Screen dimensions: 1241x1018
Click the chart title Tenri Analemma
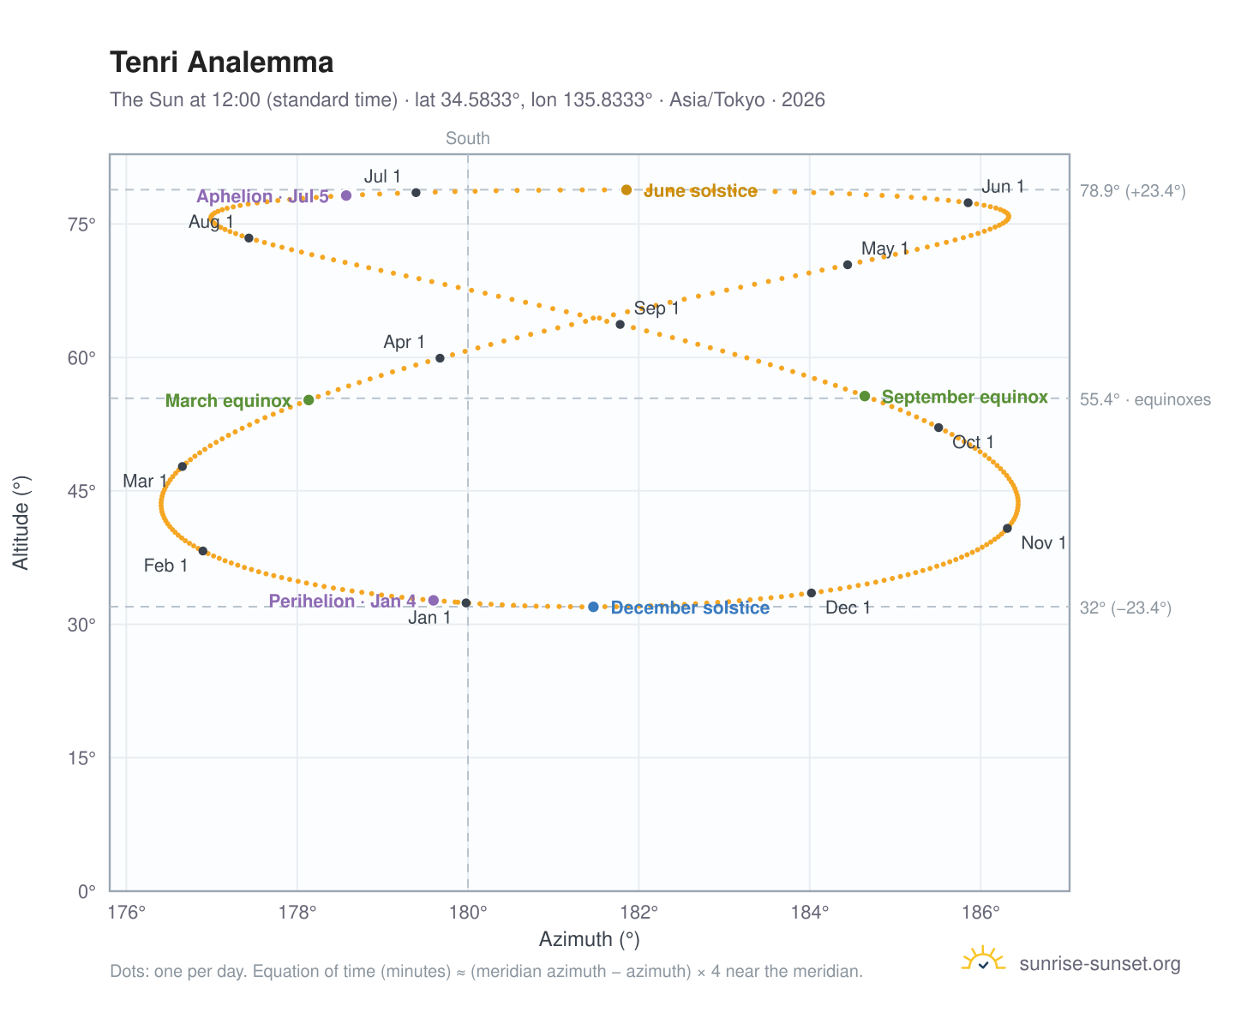[x=221, y=63]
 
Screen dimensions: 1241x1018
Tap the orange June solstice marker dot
[x=626, y=189]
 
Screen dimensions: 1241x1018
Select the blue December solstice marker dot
[x=593, y=606]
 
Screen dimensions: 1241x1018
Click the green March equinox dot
[x=309, y=400]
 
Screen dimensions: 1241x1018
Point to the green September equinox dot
[x=864, y=396]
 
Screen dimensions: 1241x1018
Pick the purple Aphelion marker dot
[x=346, y=195]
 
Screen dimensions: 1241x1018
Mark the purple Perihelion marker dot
[x=433, y=600]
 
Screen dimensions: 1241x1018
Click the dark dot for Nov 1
[x=1007, y=529]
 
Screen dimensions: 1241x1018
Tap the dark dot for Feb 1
[x=203, y=551]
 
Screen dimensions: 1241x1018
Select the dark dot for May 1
[x=848, y=265]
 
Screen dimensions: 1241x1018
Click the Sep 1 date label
[x=656, y=308]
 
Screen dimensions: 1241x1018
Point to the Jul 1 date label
[x=382, y=177]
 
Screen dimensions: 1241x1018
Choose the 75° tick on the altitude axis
[x=81, y=225]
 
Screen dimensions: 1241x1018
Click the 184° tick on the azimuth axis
[x=809, y=912]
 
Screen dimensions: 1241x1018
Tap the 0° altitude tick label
[x=87, y=891]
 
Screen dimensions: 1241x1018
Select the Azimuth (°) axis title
[x=589, y=939]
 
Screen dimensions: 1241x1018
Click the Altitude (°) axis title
[x=21, y=523]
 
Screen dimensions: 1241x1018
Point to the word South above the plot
[x=467, y=138]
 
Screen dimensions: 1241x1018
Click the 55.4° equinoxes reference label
[x=1144, y=399]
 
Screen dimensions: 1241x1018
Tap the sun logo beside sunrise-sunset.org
[x=983, y=959]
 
